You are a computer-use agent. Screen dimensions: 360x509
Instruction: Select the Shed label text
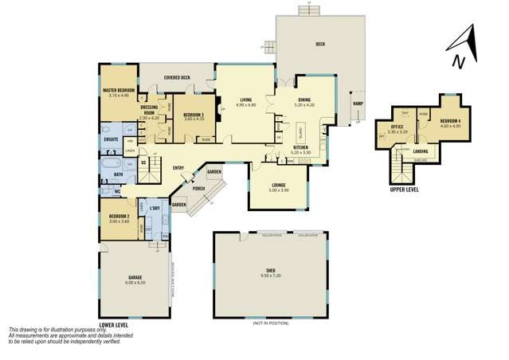click(270, 272)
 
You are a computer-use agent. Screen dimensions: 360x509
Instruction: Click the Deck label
click(320, 44)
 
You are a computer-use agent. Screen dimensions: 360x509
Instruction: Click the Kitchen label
click(300, 147)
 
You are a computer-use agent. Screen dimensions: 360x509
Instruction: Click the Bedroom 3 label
click(194, 115)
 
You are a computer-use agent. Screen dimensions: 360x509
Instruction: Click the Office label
click(397, 127)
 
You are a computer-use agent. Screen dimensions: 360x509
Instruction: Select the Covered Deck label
click(177, 78)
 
